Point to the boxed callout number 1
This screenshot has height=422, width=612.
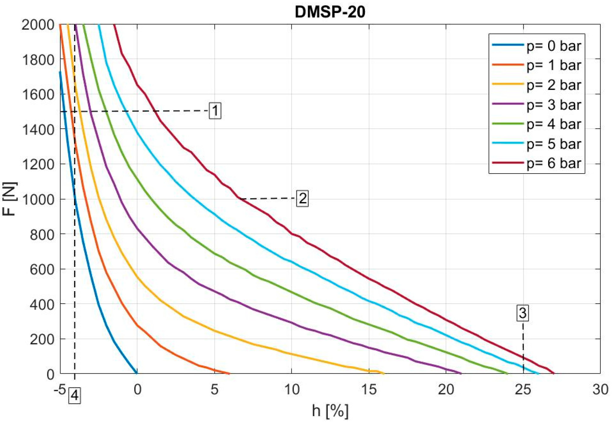[215, 110]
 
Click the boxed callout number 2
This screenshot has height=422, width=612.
[302, 198]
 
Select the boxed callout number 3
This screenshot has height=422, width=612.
[523, 313]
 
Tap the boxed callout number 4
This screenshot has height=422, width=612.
[75, 396]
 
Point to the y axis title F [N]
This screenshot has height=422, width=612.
[10, 199]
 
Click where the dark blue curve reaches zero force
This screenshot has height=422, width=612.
[136, 373]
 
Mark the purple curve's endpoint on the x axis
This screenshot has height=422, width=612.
[461, 373]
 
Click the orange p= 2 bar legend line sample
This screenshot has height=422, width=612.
[508, 85]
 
